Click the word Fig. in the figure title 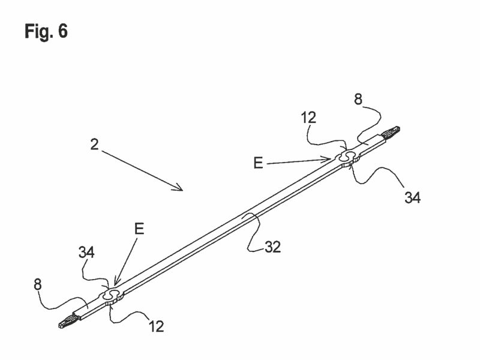click(38, 31)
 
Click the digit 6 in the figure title click(63, 31)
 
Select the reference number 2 click(94, 144)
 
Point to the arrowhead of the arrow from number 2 click(181, 189)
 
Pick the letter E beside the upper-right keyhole click(258, 163)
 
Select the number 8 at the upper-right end click(358, 100)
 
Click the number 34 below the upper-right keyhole click(412, 198)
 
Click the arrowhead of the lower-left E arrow click(115, 283)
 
